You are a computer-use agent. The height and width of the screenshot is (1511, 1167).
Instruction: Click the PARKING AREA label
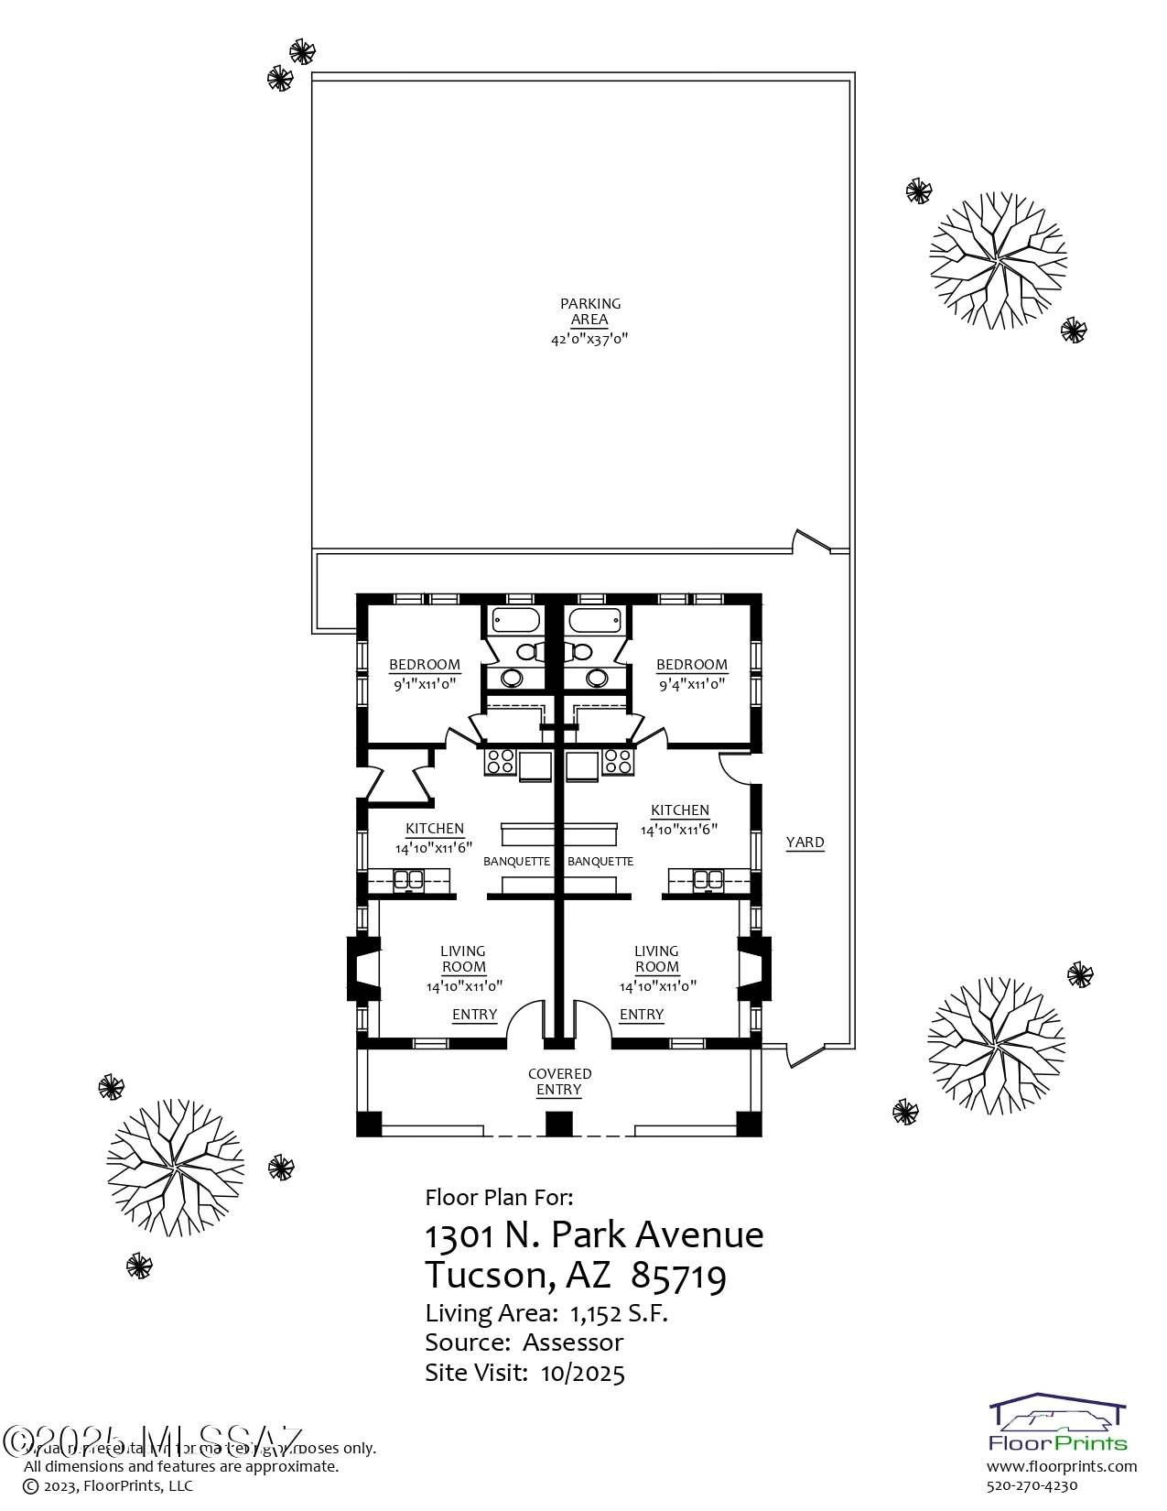coord(589,311)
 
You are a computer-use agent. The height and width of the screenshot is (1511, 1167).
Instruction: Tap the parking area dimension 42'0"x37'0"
coord(589,339)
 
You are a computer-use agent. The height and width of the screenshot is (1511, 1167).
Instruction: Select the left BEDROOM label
coord(425,665)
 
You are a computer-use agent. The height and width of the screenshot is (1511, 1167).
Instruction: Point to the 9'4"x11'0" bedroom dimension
coord(691,684)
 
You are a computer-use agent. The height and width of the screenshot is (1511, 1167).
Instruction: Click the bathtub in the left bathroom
coord(515,620)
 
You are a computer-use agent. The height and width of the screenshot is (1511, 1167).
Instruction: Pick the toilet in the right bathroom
coord(581,651)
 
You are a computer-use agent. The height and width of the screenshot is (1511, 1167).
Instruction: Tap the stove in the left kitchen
coord(500,761)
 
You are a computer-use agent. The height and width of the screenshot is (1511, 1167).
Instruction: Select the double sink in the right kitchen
coord(708,880)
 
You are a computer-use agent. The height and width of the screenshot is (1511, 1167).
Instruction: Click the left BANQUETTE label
coord(516,862)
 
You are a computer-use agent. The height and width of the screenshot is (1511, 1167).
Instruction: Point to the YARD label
coord(805,842)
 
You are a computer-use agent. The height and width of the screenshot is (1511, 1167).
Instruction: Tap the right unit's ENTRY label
coord(641,1015)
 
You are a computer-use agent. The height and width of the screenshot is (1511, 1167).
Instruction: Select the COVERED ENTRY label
coord(559,1082)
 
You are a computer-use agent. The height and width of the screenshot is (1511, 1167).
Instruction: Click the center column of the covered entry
coord(558,1124)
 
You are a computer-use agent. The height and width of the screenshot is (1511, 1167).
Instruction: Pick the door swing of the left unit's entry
coord(525,1021)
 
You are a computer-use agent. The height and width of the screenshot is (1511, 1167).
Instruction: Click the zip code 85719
coord(678,1275)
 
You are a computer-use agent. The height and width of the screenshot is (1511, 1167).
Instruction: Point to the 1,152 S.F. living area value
coord(619,1313)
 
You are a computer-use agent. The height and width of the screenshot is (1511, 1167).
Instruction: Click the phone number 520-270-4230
coord(1032,1485)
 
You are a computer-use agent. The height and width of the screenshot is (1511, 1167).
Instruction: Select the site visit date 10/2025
coord(582,1373)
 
